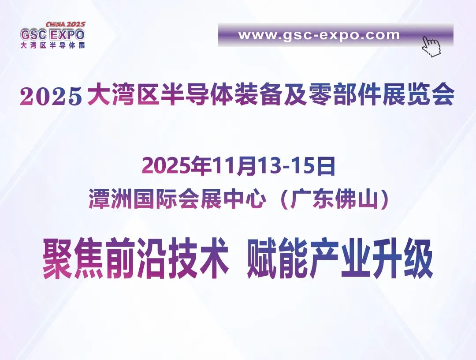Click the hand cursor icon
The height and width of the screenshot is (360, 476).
pyautogui.click(x=431, y=47)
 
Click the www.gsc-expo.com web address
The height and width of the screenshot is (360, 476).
pyautogui.click(x=319, y=35)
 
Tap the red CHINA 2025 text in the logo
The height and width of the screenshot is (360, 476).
pyautogui.click(x=66, y=24)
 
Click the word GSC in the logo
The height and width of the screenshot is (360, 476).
pyautogui.click(x=33, y=34)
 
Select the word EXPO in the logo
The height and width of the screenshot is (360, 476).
pyautogui.click(x=67, y=34)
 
